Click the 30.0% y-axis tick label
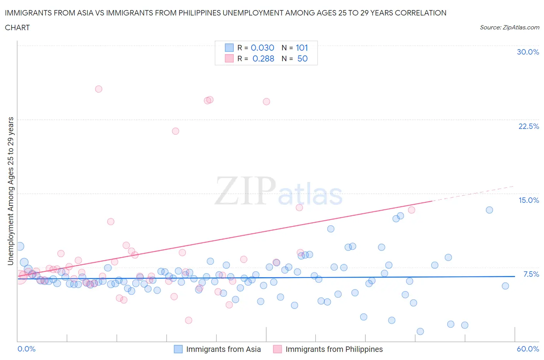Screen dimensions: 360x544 pos(528,52)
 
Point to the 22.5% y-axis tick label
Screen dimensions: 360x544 pos(529,126)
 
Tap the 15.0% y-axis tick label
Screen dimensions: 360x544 pos(529,200)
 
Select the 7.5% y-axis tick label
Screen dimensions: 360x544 pos(531,274)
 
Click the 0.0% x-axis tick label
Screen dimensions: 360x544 pos(26,349)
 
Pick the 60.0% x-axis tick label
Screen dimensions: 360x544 pos(528,349)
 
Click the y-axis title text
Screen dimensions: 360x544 pos(10,191)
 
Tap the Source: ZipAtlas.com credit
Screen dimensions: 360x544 pos(509,27)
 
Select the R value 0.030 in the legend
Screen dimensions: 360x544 pos(262,48)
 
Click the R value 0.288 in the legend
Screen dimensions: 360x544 pos(263,58)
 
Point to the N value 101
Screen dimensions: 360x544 pos(302,48)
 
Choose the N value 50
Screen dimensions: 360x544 pos(302,58)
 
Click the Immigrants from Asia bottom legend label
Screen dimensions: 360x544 pos(223,349)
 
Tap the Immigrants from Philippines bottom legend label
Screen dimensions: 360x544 pos(334,349)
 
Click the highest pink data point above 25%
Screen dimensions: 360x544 pos(99,89)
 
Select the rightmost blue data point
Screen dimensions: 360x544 pos(505,286)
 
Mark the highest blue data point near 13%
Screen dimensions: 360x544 pos(489,210)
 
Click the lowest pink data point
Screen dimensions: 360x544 pos(188,320)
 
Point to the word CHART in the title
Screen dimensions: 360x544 pos(17,27)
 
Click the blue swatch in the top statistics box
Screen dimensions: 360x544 pos(229,48)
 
